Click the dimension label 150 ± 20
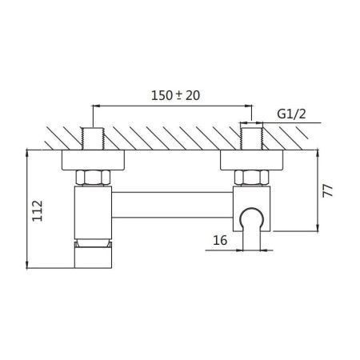click(175, 95)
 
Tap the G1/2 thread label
click(291, 114)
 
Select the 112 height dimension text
click(38, 210)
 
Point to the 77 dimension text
click(328, 190)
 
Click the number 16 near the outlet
click(220, 240)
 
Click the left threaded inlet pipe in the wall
click(93, 138)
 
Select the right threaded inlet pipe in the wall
click(252, 138)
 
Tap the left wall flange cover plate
click(93, 160)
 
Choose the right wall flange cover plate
click(251, 160)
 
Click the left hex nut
click(93, 178)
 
